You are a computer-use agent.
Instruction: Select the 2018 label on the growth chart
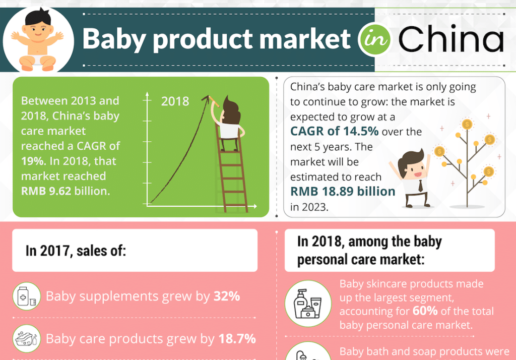(175, 101)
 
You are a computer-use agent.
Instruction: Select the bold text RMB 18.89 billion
(343, 191)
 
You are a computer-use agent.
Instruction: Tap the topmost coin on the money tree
(466, 124)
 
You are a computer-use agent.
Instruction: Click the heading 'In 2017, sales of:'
(76, 251)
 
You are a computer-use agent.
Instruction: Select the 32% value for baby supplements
(226, 296)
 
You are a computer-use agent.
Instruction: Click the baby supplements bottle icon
(26, 296)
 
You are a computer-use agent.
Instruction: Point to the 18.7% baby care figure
(237, 339)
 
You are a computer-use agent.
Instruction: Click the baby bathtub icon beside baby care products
(26, 338)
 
